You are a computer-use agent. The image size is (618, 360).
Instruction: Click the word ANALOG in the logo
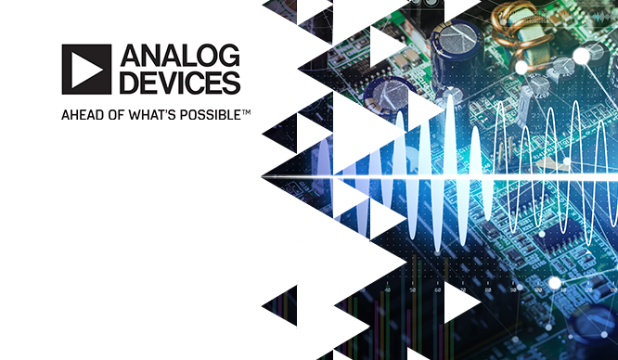(x=180, y=56)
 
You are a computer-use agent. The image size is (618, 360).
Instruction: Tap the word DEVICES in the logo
(x=180, y=83)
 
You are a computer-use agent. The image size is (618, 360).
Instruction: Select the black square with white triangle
(x=86, y=69)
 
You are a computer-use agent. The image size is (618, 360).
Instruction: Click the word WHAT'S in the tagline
(x=152, y=115)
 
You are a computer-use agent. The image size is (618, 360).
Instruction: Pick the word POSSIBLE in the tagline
(x=210, y=115)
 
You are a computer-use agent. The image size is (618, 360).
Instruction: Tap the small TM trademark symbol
(x=246, y=112)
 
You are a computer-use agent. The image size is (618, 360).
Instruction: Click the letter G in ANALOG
(x=229, y=56)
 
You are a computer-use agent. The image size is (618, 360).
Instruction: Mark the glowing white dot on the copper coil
(x=521, y=67)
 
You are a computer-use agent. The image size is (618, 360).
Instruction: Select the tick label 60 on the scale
(x=437, y=289)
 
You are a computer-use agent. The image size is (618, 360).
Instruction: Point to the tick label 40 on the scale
(x=388, y=289)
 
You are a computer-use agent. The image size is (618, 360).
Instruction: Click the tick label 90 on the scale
(x=513, y=289)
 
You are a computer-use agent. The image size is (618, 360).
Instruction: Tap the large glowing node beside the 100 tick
(x=555, y=283)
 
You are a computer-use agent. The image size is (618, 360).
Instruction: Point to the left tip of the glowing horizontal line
(x=262, y=177)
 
